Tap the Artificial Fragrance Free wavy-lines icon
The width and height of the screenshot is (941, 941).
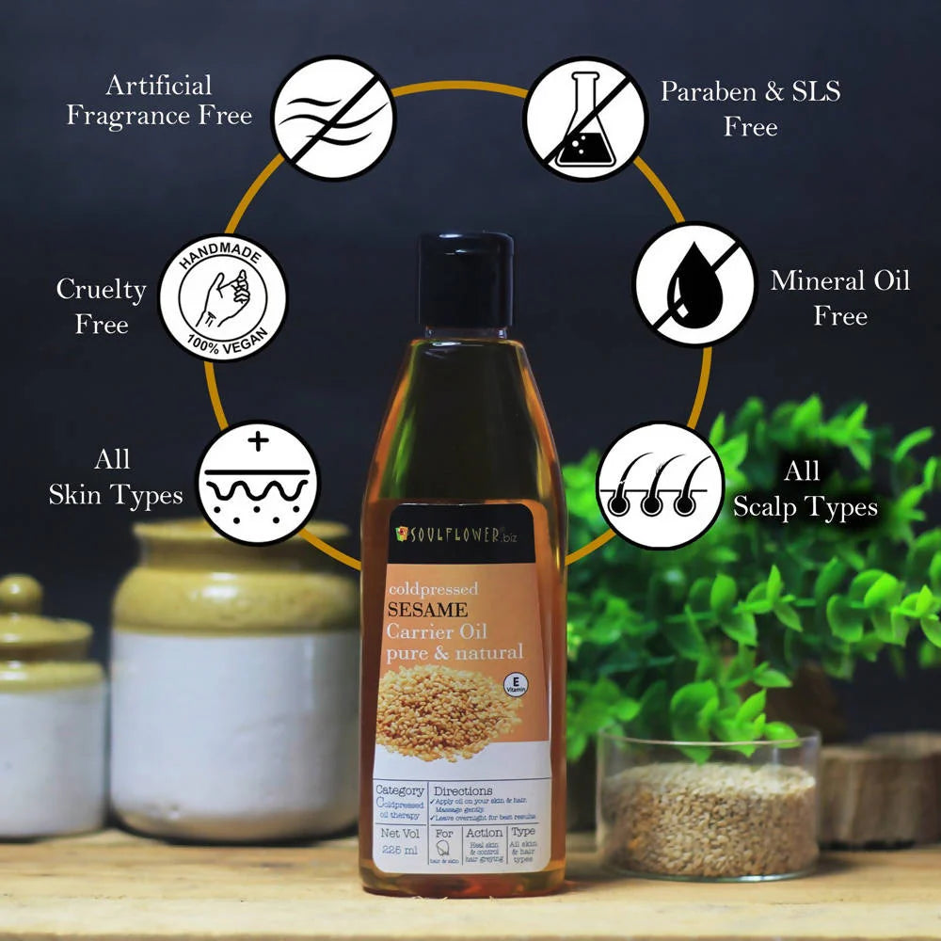click(x=334, y=119)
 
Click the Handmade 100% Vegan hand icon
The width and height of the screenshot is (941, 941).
click(x=223, y=298)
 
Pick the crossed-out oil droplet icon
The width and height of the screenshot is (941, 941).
click(x=694, y=284)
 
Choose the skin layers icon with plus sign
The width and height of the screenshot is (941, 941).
click(x=257, y=483)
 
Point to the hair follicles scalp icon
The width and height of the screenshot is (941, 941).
click(x=659, y=485)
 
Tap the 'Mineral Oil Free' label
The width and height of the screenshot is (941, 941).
click(x=839, y=297)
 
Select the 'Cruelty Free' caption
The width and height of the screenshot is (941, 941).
click(x=101, y=306)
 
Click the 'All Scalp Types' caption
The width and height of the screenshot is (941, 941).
click(x=805, y=489)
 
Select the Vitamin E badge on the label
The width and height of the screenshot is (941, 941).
click(x=515, y=684)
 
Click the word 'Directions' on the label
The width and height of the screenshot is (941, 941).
click(x=463, y=791)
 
